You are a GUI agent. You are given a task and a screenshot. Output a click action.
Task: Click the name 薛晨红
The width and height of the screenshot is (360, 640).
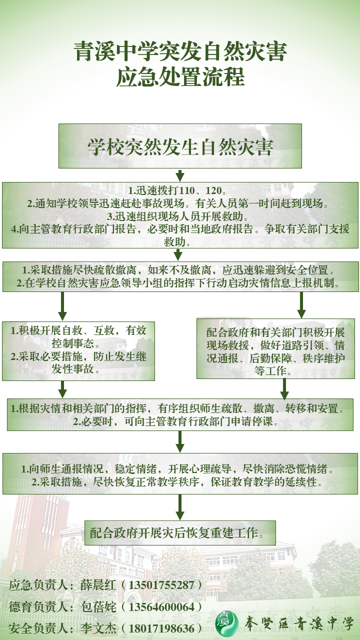click(x=98, y=585)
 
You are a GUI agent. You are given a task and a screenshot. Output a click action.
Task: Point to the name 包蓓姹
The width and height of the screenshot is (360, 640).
click(x=98, y=606)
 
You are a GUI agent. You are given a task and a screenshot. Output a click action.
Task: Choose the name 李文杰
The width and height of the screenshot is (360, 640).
click(x=98, y=628)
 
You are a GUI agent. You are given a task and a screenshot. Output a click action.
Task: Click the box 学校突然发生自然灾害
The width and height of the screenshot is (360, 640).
click(x=180, y=146)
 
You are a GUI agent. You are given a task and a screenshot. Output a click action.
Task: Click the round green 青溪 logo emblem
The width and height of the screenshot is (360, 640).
click(x=227, y=623)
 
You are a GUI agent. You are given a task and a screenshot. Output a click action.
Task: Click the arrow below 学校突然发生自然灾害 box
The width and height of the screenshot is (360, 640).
click(x=180, y=175)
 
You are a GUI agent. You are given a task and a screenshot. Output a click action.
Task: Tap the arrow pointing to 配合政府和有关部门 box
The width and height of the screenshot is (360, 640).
click(x=301, y=304)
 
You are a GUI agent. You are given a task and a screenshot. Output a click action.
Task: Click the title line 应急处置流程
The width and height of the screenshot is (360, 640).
click(x=180, y=77)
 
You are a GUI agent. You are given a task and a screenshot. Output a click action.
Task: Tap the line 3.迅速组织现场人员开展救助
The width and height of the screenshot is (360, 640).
click(x=180, y=217)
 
